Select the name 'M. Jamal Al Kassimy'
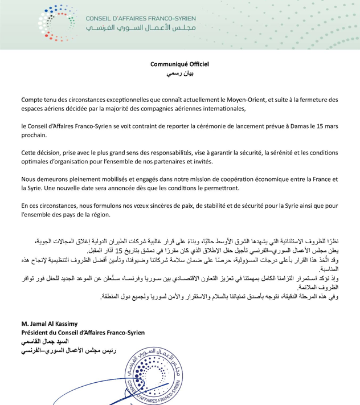pyautogui.click(x=49, y=325)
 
